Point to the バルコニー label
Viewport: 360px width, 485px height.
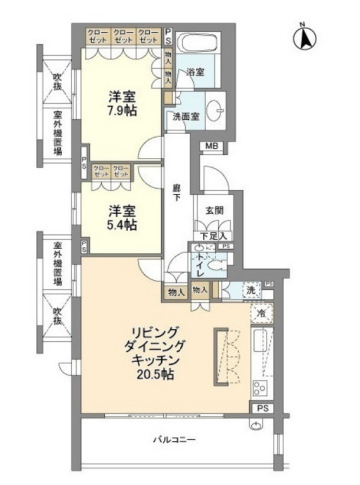175,440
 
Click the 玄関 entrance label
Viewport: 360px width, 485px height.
213,211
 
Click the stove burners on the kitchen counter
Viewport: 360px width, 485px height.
263,388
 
